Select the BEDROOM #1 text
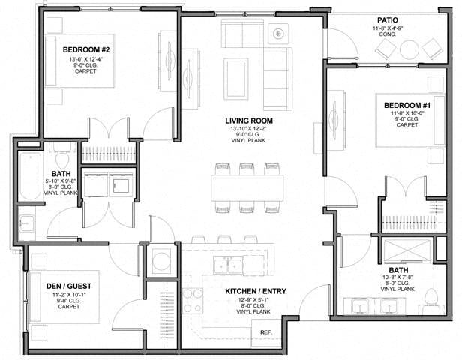click(406, 105)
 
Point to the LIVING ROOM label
click(250, 121)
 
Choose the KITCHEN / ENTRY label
click(253, 291)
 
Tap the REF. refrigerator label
click(265, 331)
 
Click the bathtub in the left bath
click(31, 175)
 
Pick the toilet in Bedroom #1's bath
click(431, 302)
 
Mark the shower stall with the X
click(409, 250)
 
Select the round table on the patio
click(409, 49)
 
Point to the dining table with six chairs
click(246, 188)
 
